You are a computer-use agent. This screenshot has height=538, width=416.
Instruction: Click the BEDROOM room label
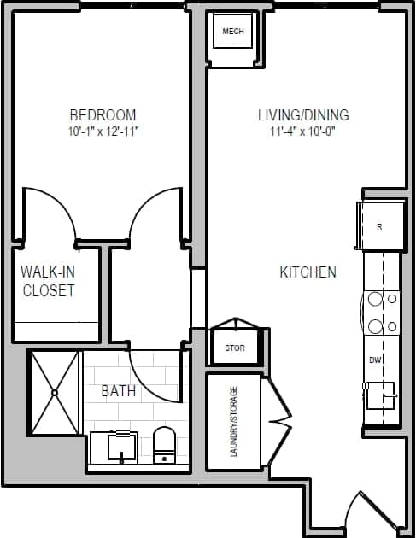(x=103, y=114)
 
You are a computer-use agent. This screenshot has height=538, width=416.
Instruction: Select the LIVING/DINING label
(x=303, y=114)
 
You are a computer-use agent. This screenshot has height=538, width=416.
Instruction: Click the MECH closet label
(x=233, y=32)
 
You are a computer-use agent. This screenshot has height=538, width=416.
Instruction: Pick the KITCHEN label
(x=308, y=272)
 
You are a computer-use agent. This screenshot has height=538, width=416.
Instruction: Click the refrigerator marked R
(x=379, y=226)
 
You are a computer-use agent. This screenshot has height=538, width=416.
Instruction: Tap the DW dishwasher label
(x=374, y=360)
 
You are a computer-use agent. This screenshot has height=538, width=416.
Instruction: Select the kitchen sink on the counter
(x=380, y=397)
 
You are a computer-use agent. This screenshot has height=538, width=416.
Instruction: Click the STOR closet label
(x=235, y=348)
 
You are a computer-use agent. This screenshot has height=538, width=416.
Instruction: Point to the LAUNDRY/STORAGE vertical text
(x=234, y=421)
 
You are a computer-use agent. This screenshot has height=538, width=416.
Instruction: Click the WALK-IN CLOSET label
(x=48, y=281)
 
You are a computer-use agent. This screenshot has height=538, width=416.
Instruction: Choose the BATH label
(x=118, y=391)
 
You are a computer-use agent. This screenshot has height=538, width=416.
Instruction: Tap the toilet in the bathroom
(x=163, y=444)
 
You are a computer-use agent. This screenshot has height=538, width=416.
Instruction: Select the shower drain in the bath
(x=55, y=393)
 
